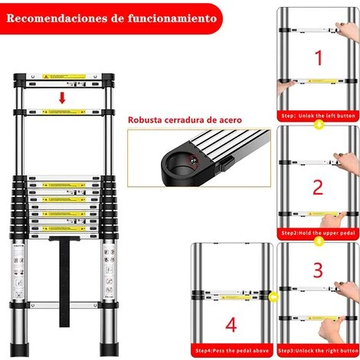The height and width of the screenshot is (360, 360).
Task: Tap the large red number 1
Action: pos(316,57)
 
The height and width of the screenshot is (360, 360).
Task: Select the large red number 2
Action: pos(316,186)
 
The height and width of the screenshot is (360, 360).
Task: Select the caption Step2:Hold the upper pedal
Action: pos(316,231)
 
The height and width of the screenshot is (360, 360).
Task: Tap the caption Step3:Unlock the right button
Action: pos(316,351)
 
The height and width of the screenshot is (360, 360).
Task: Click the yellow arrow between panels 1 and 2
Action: pos(316,123)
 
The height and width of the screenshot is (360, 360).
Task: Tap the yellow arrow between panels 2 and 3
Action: pos(316,240)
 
